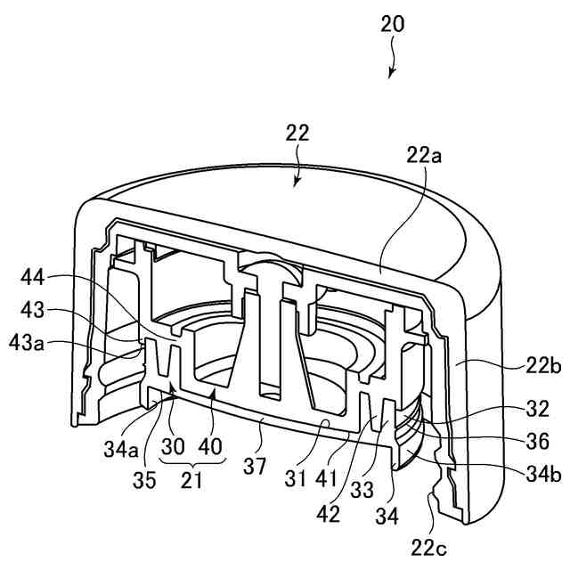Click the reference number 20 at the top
[x=393, y=25]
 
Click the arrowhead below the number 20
[x=390, y=74]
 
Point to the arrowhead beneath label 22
[x=296, y=183]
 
